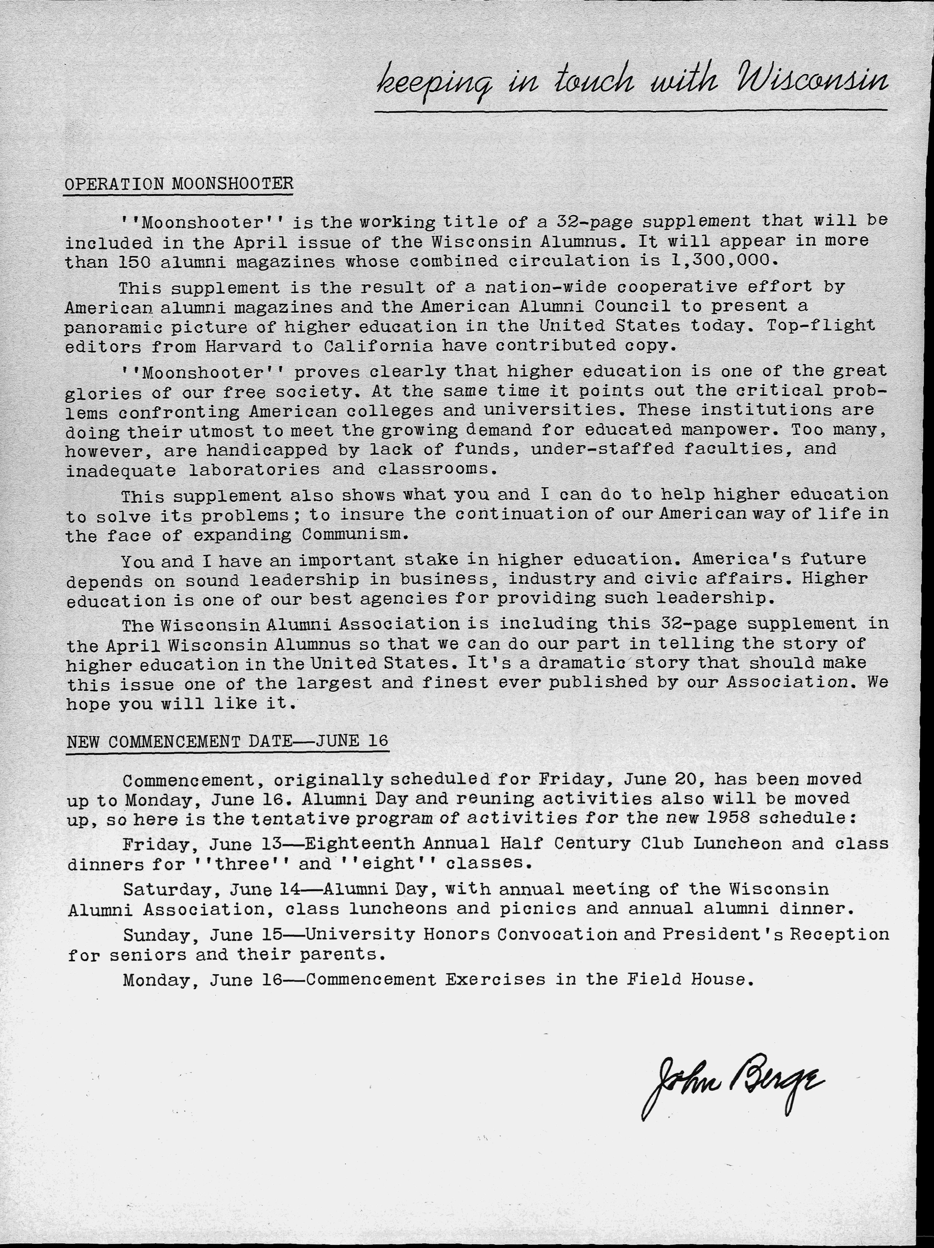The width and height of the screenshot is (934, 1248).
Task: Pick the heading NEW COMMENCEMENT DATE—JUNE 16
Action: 228,741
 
